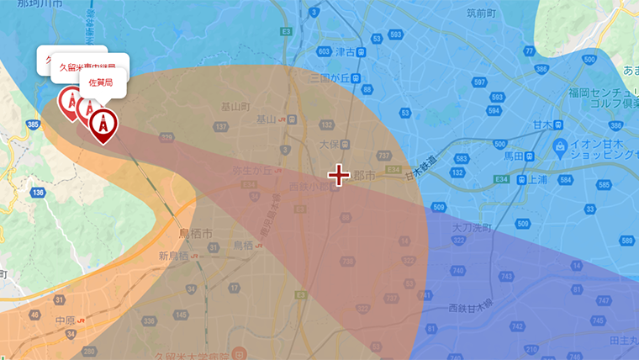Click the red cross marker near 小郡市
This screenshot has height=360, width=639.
point(339,175)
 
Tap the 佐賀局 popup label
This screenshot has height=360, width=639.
point(102,82)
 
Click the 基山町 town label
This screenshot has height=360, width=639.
point(235,107)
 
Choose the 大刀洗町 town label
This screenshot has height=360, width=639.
point(471,228)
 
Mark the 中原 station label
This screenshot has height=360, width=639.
point(65,320)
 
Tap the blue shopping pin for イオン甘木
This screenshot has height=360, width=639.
point(560,148)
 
